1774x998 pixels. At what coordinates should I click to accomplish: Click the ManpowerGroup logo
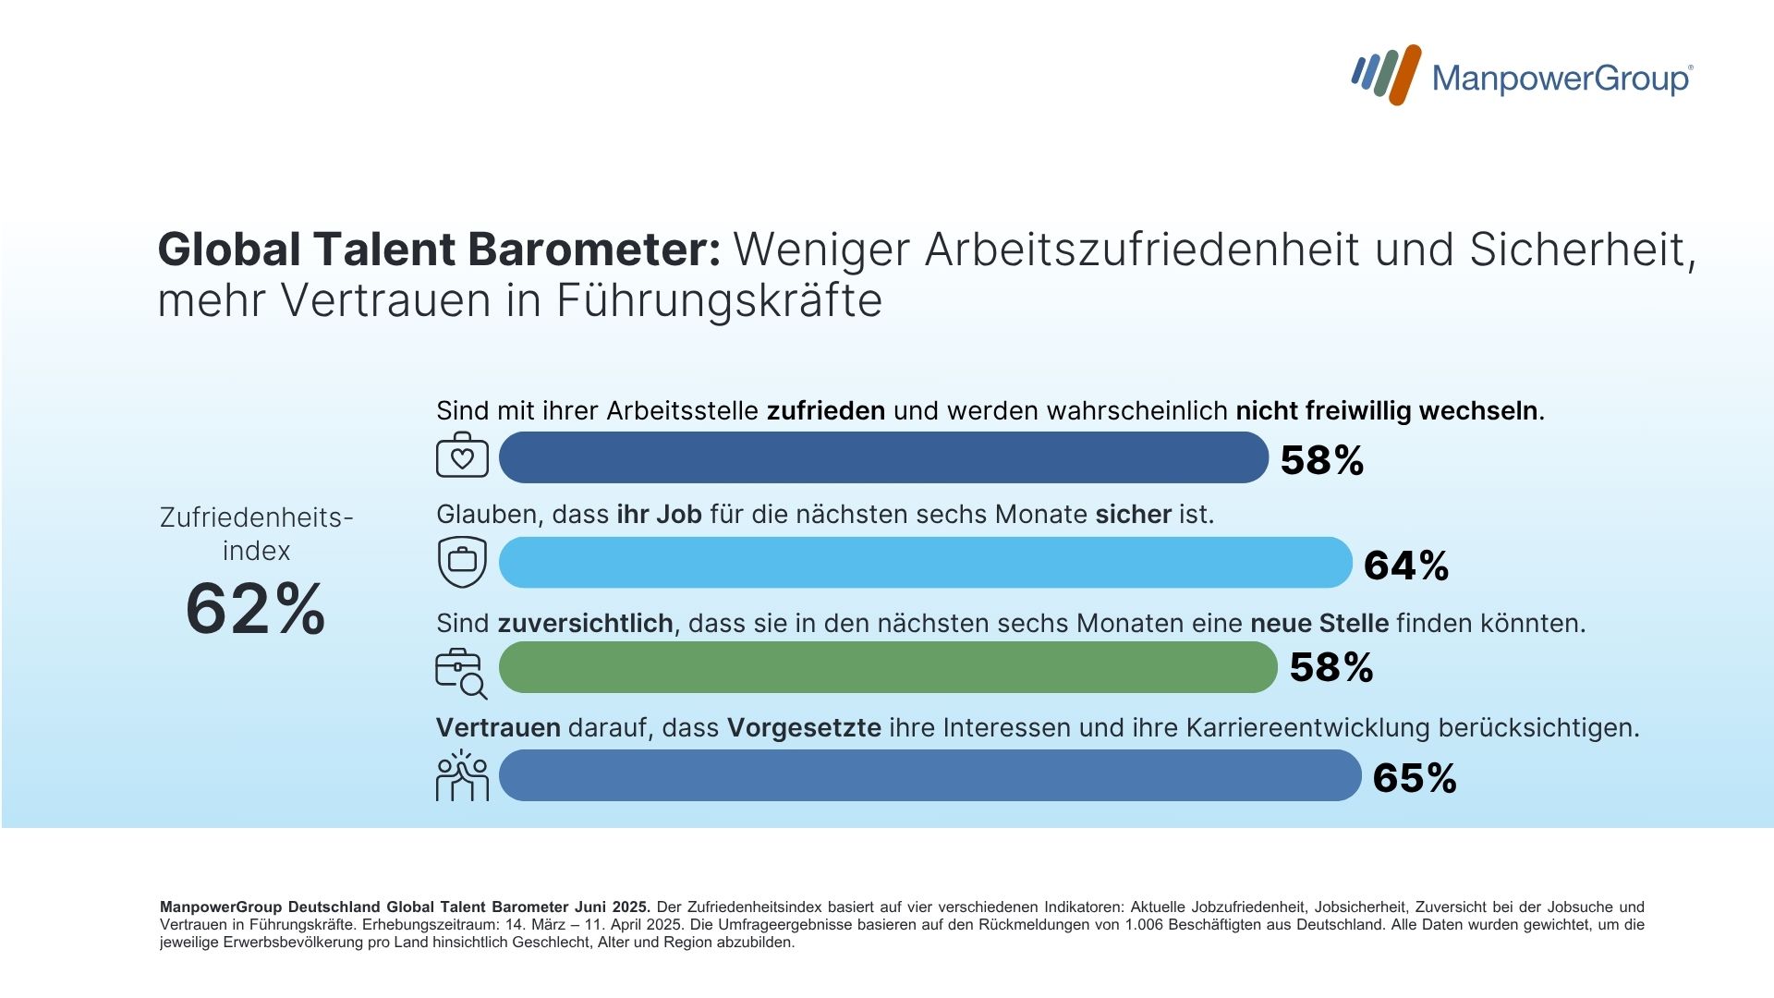click(1521, 76)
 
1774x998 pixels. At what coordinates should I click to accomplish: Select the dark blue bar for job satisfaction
click(883, 457)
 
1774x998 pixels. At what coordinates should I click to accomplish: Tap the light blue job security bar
click(925, 562)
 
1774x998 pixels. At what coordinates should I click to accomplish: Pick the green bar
click(888, 667)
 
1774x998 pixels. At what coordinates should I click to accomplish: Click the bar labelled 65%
click(930, 775)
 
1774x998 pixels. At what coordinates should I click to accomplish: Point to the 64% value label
click(1405, 566)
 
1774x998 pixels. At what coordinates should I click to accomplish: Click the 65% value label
click(1415, 778)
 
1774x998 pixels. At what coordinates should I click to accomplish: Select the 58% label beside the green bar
click(1331, 668)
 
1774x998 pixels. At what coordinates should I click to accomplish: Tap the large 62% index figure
click(256, 610)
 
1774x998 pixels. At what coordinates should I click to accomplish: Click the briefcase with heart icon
click(462, 455)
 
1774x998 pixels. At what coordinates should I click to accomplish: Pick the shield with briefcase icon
click(462, 561)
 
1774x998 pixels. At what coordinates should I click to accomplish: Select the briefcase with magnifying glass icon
click(461, 673)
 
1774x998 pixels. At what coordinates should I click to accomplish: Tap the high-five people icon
click(462, 775)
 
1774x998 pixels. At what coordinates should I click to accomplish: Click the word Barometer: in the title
click(593, 249)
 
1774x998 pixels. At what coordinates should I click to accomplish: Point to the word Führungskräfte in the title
click(719, 300)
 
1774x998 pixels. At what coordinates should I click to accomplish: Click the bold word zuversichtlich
click(585, 624)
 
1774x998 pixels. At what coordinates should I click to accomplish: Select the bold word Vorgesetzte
click(804, 728)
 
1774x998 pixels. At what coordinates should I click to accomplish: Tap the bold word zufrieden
click(826, 411)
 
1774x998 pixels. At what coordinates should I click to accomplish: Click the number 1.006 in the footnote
click(1142, 925)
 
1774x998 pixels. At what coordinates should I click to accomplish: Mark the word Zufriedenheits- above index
click(256, 517)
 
